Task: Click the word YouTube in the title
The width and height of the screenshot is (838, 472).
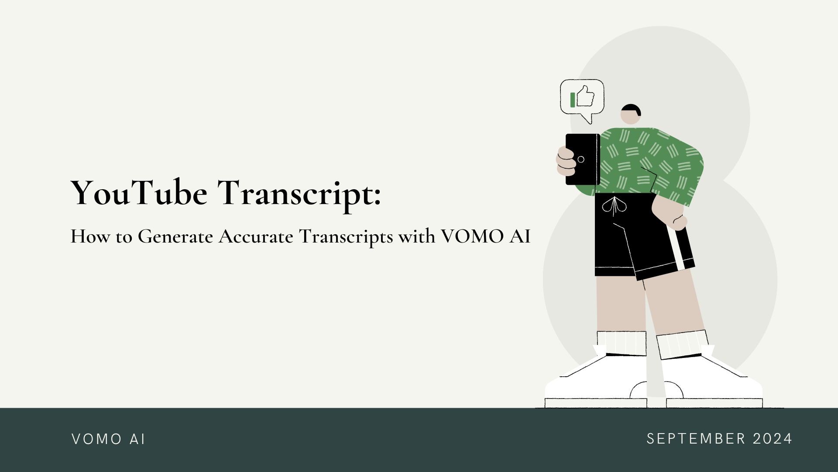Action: coord(139,192)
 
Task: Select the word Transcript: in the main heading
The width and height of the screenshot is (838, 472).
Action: coord(300,194)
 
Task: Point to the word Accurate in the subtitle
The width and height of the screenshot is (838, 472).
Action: coord(256,236)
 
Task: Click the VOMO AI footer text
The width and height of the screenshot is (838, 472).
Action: coord(108,439)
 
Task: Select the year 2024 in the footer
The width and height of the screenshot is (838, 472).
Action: coord(773,438)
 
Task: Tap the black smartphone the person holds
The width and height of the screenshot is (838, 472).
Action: coord(583,159)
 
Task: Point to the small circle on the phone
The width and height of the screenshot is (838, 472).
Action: coord(581,160)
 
